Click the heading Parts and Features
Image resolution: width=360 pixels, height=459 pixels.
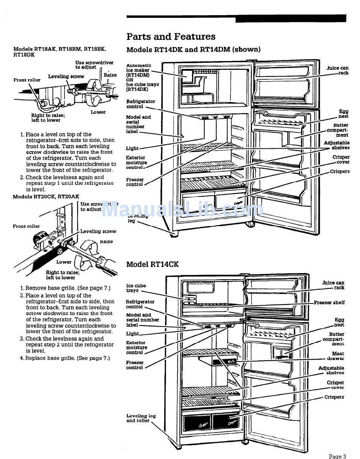pos(171,37)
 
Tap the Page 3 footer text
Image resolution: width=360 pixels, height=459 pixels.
pos(337,456)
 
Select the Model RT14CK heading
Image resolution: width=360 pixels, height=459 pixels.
pos(152,264)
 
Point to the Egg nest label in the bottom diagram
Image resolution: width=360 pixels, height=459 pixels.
pos(339,322)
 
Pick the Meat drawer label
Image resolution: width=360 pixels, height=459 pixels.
pos(338,356)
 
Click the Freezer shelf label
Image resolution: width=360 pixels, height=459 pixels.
pos(329,303)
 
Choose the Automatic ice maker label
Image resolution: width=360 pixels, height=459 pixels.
pos(139,70)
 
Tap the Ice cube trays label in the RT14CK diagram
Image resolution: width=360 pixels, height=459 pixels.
pos(136,288)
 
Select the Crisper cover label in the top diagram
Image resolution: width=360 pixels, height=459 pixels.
pos(341,160)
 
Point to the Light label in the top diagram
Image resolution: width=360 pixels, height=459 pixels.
pos(132,148)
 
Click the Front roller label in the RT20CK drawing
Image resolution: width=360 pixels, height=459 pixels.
pos(26,226)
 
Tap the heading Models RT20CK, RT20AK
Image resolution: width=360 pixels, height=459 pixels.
pos(46,196)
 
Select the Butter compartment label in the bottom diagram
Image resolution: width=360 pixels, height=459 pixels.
pos(333,339)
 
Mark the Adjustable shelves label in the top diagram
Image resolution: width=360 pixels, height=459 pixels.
pos(337,145)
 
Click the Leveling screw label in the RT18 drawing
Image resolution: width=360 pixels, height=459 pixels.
pos(66,77)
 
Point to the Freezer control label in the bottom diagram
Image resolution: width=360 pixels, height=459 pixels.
pos(135,365)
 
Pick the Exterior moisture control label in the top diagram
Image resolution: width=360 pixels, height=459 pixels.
pos(136,162)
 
